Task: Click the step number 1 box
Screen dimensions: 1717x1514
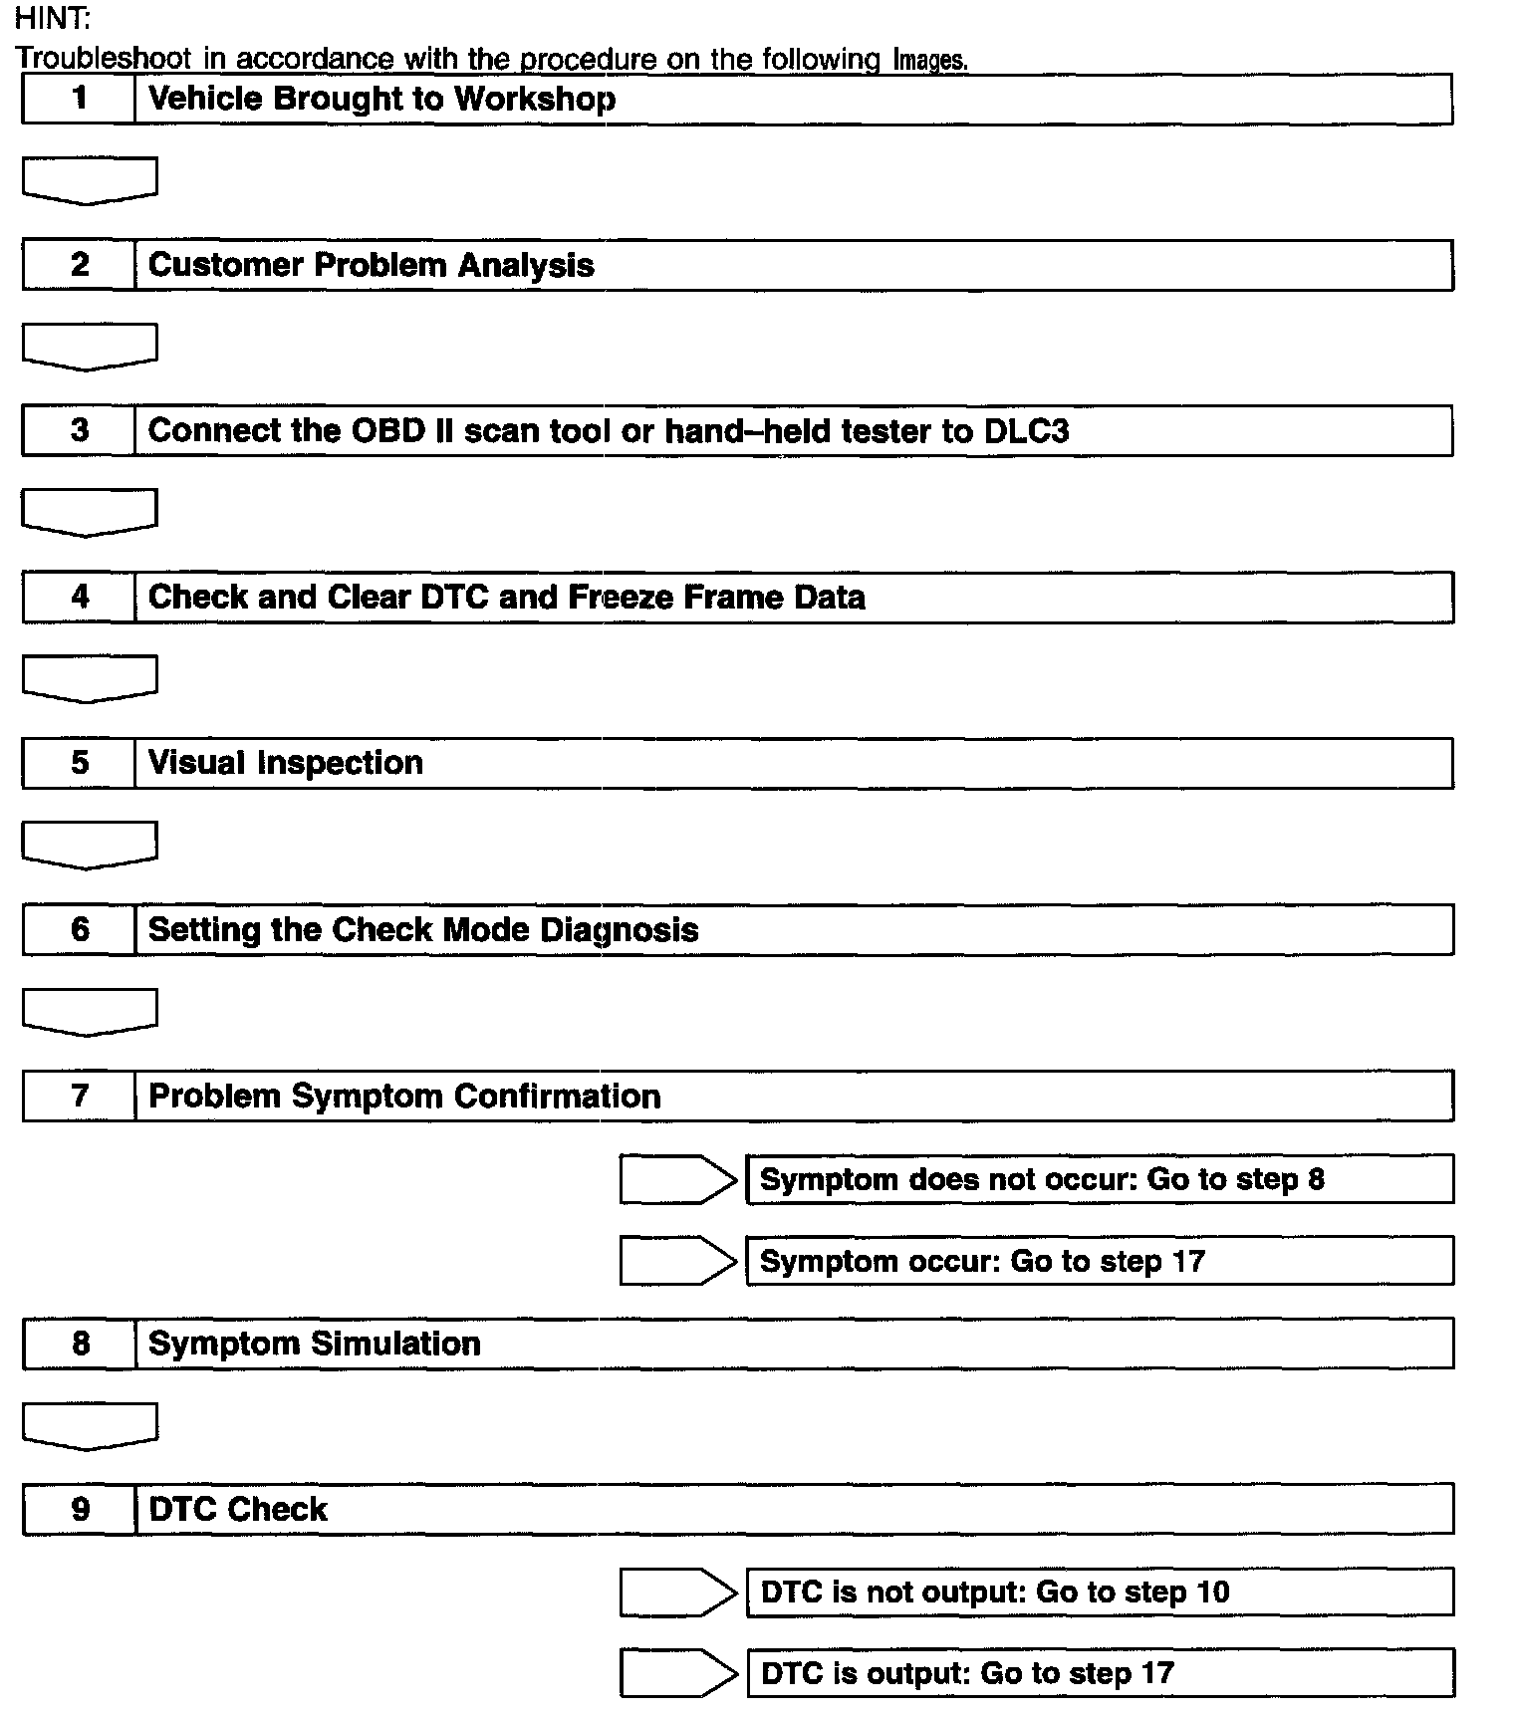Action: click(x=79, y=99)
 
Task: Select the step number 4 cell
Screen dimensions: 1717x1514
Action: click(x=79, y=597)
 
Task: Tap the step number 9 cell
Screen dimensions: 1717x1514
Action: click(x=79, y=1509)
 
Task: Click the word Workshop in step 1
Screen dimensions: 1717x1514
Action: click(x=535, y=99)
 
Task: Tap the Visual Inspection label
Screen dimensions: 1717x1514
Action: click(x=285, y=763)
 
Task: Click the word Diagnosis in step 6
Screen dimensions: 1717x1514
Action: click(x=619, y=929)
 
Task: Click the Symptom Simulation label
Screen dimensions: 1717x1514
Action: click(x=314, y=1344)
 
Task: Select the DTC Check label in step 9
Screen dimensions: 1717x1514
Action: click(x=237, y=1509)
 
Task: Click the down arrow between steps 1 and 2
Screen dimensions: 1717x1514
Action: click(x=90, y=180)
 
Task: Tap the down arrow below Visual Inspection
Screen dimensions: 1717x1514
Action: click(x=90, y=845)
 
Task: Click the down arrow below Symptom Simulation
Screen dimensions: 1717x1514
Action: click(x=90, y=1426)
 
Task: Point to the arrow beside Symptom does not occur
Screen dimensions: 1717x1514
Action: click(x=677, y=1179)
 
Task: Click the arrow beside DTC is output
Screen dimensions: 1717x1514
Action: click(x=677, y=1673)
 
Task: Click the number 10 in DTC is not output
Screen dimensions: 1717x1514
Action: click(x=1212, y=1592)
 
